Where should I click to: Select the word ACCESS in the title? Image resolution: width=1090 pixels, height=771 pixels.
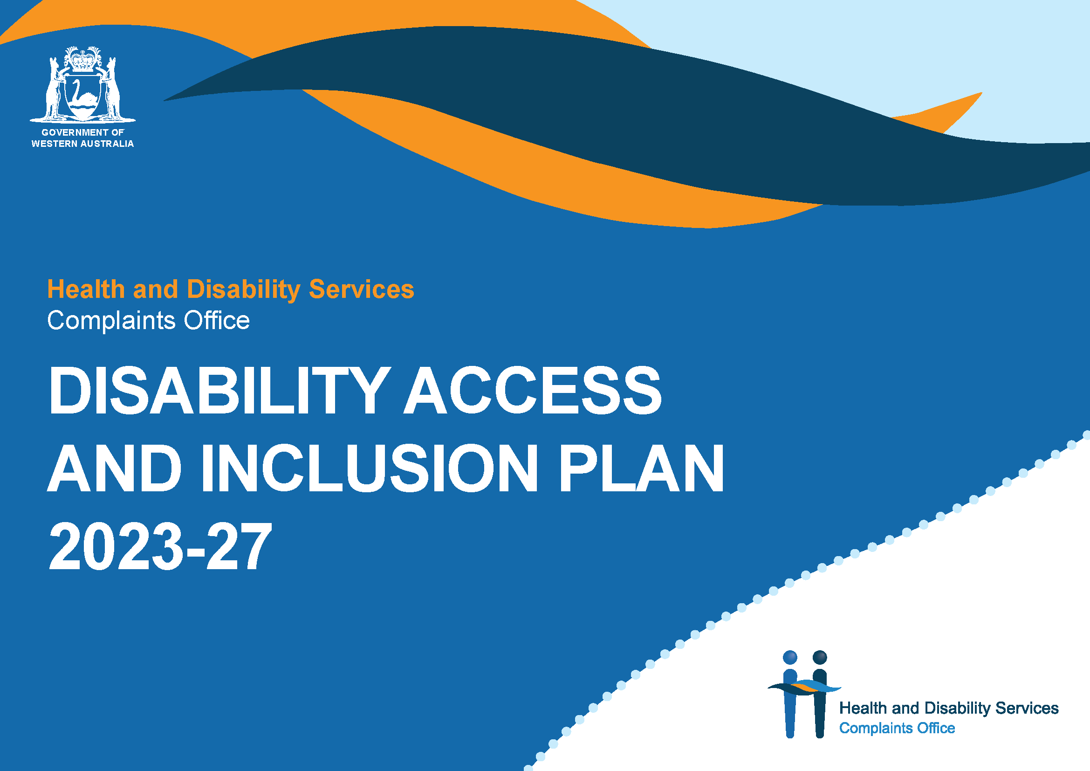click(532, 391)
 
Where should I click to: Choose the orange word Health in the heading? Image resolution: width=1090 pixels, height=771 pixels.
click(86, 289)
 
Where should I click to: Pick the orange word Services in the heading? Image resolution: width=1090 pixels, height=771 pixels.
click(361, 289)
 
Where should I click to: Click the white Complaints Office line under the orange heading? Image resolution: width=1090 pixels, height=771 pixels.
click(148, 320)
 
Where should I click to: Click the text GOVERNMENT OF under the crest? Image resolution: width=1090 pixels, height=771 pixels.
click(82, 132)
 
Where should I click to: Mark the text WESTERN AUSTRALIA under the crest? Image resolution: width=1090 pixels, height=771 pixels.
click(82, 144)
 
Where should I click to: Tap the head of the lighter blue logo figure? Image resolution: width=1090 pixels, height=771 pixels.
click(790, 658)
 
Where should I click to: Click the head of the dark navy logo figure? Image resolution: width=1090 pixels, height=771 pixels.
click(820, 658)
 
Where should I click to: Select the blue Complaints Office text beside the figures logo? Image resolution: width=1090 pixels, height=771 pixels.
click(897, 728)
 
